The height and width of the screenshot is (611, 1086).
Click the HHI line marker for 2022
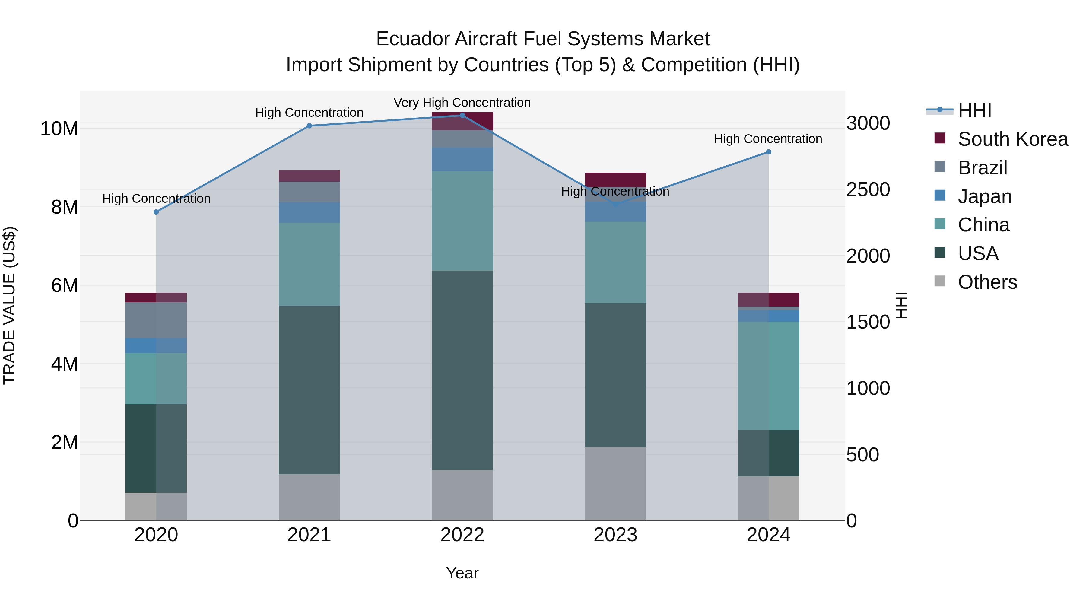coord(462,116)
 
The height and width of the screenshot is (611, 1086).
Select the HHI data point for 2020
coord(156,212)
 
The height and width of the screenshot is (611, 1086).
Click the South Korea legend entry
coord(1013,139)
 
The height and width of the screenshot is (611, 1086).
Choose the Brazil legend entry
coord(982,168)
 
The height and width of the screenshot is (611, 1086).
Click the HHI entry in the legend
coord(974,110)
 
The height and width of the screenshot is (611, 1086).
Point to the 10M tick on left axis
coord(59,129)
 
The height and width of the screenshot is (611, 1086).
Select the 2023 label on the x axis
coord(615,535)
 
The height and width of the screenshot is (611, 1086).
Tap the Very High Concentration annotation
coord(462,103)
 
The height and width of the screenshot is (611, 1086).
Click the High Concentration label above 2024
coord(768,139)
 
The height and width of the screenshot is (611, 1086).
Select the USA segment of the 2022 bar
coord(462,370)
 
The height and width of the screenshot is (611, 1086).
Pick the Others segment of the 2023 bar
coord(615,484)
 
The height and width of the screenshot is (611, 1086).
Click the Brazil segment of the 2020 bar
coord(156,320)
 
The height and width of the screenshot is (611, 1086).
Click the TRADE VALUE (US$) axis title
coord(9,305)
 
